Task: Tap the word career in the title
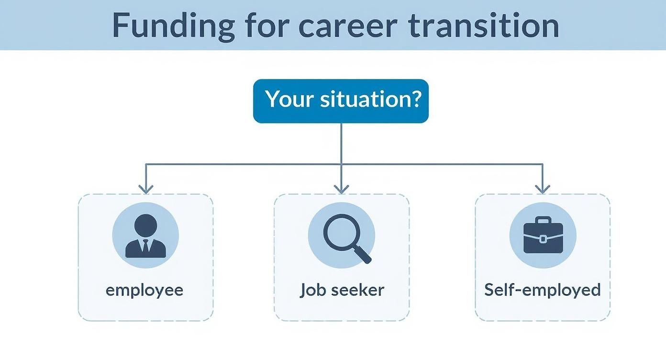[347, 26]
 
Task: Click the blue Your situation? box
[341, 101]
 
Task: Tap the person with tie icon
[145, 236]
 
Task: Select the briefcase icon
[543, 235]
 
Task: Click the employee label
[144, 290]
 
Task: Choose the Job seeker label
[342, 290]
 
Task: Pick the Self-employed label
[543, 290]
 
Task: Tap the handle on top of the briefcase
[543, 221]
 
